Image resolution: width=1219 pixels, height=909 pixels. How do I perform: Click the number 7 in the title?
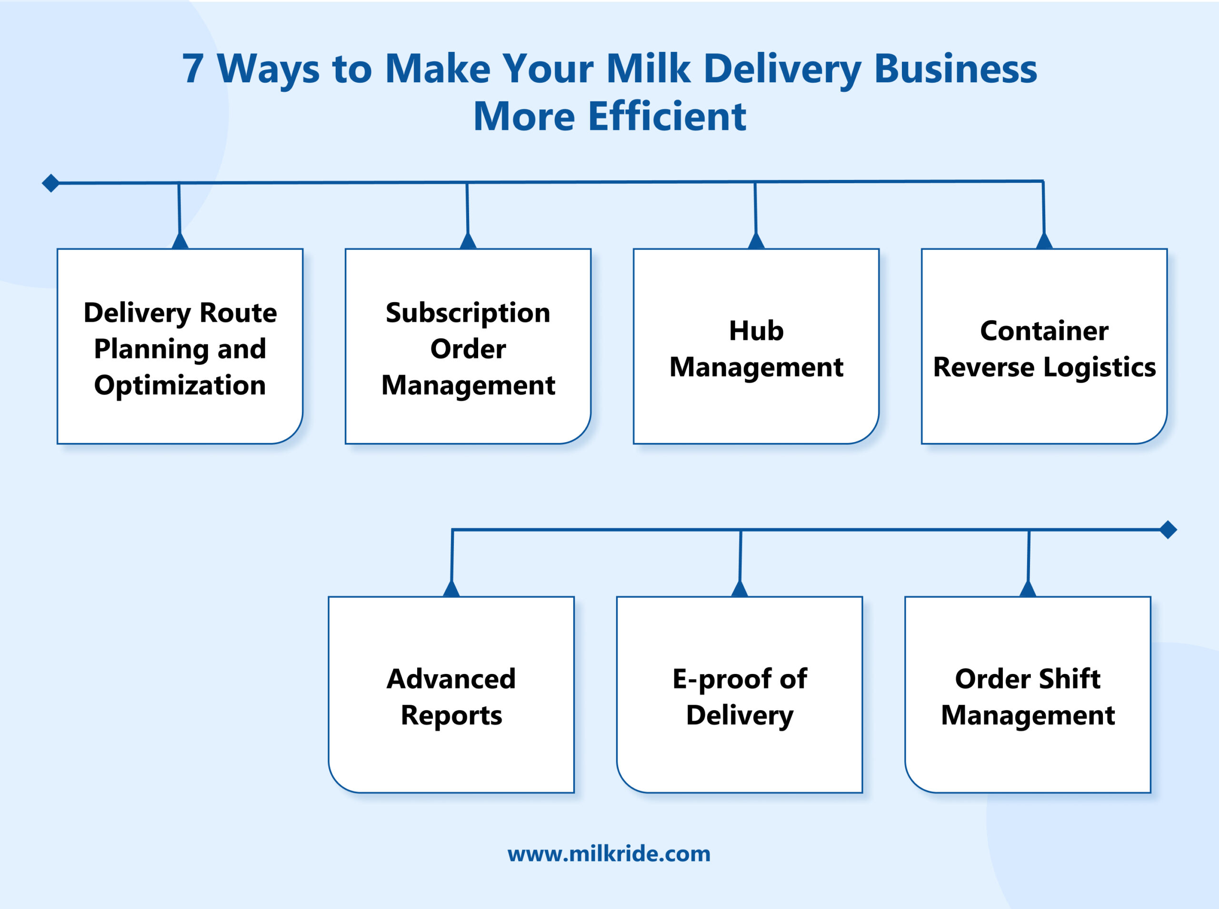click(x=193, y=69)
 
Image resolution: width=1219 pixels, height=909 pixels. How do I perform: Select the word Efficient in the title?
click(x=667, y=117)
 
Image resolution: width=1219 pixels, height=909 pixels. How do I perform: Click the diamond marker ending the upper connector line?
click(x=50, y=183)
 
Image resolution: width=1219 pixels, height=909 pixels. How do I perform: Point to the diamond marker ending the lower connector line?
click(x=1168, y=530)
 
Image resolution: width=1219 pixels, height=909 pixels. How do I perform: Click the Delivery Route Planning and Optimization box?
click(x=180, y=346)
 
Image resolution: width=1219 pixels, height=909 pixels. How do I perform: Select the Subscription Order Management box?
click(x=468, y=346)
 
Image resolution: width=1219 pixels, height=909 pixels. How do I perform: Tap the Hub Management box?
click(x=756, y=346)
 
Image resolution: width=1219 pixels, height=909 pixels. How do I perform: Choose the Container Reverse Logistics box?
click(x=1044, y=346)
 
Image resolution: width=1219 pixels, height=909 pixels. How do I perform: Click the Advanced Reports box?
click(x=451, y=695)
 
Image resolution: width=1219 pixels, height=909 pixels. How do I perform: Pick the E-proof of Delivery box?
click(x=739, y=695)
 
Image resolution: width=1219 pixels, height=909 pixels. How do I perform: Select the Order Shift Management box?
click(x=1028, y=695)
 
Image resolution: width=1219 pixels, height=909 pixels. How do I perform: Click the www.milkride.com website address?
click(x=609, y=854)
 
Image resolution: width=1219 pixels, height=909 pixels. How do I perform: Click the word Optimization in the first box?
click(x=180, y=385)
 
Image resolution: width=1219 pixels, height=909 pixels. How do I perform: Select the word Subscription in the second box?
click(x=468, y=313)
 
